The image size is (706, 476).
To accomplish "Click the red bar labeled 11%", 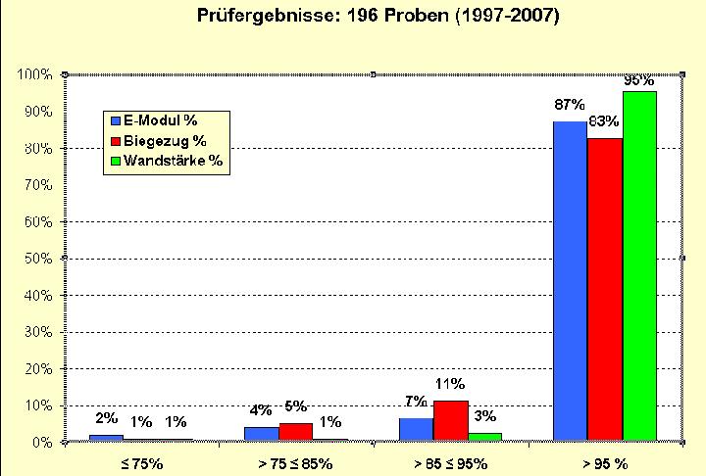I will tap(450, 421).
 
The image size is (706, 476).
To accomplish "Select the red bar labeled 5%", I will tap(295, 432).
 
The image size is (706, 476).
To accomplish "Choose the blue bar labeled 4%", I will tap(261, 434).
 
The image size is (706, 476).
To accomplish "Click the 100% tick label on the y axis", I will tap(35, 74).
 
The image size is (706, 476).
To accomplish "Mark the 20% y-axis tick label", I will tap(39, 369).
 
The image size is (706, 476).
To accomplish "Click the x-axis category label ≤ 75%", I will tap(141, 462).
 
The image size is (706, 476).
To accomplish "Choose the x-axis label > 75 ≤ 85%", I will tap(294, 462).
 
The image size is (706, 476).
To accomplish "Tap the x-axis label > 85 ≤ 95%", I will tap(450, 462).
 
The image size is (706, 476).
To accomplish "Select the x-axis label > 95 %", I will tap(605, 462).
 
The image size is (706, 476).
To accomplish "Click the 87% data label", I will tap(570, 104).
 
